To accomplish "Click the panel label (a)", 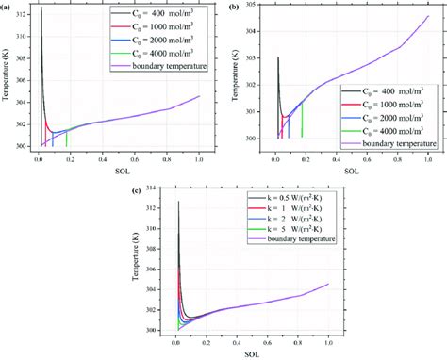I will coord(7,7).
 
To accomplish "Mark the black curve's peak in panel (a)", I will coord(41,8).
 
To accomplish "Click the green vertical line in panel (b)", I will coord(302,120).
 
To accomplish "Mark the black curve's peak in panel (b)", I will coord(277,58).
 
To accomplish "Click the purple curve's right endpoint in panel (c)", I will coord(327,284).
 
